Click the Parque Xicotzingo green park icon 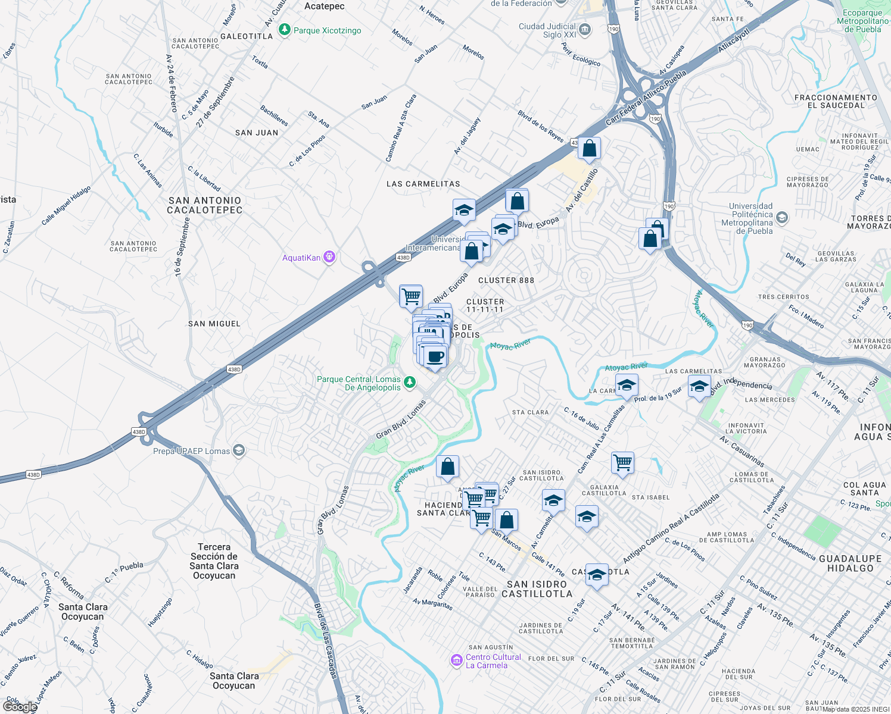pos(285,30)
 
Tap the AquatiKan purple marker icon pos(329,258)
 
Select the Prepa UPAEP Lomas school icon pos(239,450)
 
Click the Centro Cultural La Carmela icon pos(457,660)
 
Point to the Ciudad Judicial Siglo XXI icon pos(585,30)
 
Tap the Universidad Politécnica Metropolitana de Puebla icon pos(782,218)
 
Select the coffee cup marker pos(435,357)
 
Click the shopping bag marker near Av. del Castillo pos(589,149)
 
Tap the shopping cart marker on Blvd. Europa pos(411,296)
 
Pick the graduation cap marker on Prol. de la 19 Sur pos(626,386)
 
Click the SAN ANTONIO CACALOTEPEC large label pos(204,205)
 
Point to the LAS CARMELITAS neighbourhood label pos(423,184)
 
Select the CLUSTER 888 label pos(506,280)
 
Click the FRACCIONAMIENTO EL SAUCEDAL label pos(836,101)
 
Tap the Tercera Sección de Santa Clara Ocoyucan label pos(214,561)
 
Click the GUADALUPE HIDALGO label pos(850,563)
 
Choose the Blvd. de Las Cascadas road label pos(326,640)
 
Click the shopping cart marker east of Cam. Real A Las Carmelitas pos(622,463)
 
